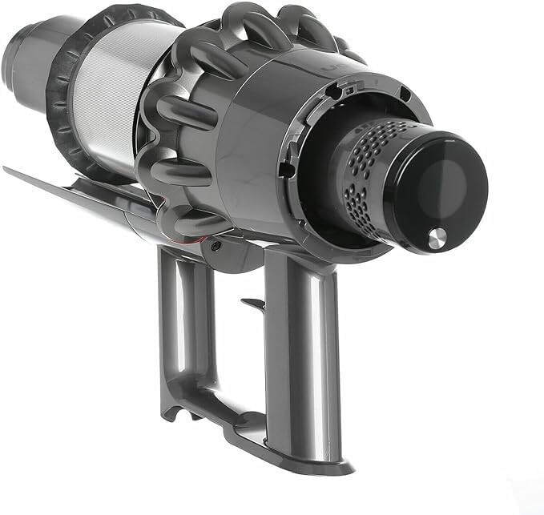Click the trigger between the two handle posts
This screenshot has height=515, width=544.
(x=252, y=304)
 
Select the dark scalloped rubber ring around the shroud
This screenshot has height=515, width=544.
(x=60, y=104)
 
